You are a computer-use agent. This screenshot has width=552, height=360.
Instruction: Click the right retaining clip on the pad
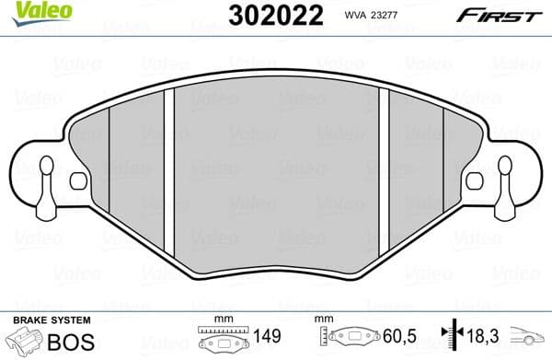[x=504, y=180]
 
